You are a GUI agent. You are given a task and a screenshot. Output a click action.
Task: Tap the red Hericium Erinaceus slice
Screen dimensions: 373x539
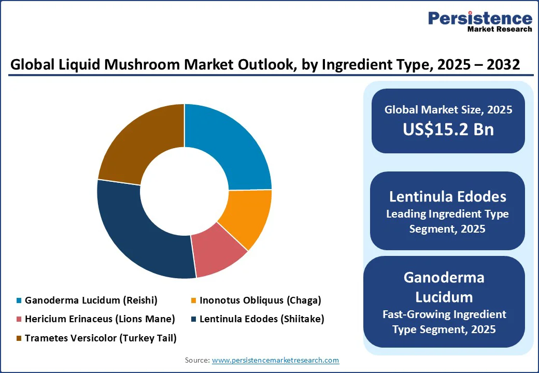218,254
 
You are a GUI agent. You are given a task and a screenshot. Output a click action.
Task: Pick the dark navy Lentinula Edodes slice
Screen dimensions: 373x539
140,233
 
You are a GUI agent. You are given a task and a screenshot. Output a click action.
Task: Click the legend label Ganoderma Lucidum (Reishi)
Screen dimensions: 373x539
91,300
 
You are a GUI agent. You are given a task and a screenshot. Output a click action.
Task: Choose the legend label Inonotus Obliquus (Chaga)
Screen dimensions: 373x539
260,300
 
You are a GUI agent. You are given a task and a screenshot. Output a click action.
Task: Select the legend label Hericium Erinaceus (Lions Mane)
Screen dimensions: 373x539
100,319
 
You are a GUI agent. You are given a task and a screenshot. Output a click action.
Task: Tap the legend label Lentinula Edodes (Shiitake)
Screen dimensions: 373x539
262,319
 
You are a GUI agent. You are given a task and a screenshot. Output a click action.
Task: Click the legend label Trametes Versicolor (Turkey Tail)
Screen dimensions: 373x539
101,338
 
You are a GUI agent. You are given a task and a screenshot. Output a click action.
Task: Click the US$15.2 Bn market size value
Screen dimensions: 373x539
448,130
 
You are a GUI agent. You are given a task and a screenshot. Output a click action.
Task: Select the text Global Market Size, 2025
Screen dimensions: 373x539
448,110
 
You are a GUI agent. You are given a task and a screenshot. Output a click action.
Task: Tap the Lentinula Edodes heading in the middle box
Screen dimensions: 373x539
448,197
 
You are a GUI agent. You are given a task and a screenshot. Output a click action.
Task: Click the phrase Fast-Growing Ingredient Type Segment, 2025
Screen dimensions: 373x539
444,322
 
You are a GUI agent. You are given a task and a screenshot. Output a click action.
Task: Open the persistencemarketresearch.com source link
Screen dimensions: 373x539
275,360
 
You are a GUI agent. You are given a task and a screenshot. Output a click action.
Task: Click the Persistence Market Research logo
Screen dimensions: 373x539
479,22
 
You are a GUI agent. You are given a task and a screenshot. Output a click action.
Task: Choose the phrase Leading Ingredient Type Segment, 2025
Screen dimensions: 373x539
448,221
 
